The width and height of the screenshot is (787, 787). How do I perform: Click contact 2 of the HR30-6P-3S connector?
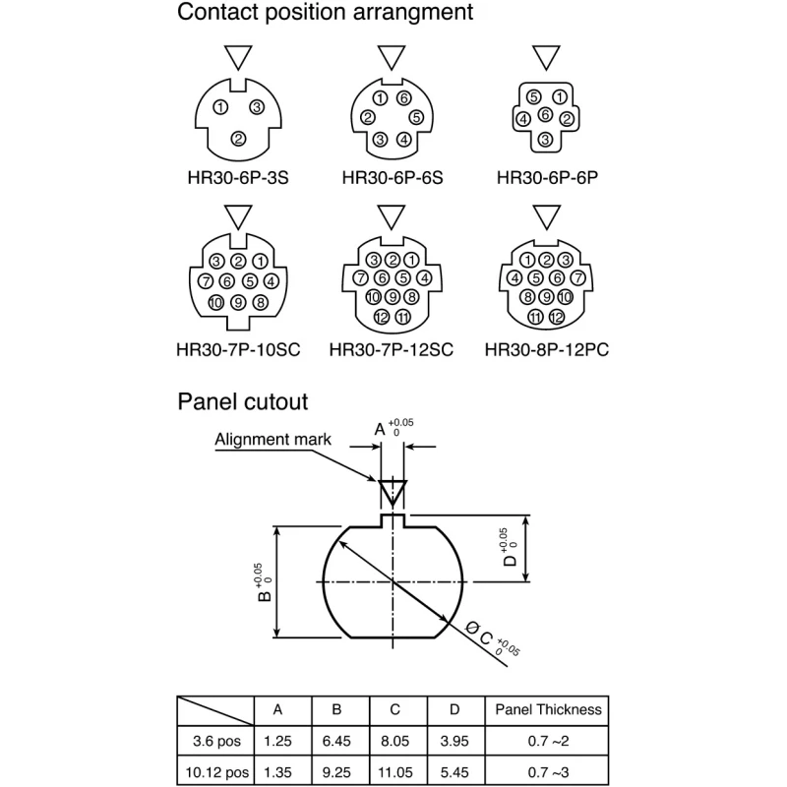[x=238, y=138]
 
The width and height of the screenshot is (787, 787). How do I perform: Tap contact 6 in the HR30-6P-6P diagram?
[x=546, y=115]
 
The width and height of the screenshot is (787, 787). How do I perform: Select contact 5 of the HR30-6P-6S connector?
[x=416, y=117]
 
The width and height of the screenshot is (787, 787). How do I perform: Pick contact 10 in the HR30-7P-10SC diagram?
[x=215, y=303]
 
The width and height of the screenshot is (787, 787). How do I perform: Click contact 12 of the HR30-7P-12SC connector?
[x=382, y=317]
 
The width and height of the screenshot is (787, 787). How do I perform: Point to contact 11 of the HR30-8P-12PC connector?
[x=535, y=317]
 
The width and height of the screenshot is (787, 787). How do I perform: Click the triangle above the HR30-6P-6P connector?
[x=546, y=57]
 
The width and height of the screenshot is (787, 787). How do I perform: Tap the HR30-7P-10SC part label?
[x=238, y=350]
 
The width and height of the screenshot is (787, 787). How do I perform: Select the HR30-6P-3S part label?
[x=238, y=178]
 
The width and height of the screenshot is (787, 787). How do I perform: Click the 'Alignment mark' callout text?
[x=273, y=440]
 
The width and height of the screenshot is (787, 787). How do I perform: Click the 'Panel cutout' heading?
[x=242, y=402]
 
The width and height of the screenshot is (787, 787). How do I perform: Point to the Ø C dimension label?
[x=479, y=633]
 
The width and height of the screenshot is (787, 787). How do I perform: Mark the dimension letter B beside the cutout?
[x=264, y=596]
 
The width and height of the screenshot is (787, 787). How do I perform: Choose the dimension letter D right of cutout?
[x=510, y=560]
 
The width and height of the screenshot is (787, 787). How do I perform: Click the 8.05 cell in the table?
[x=395, y=741]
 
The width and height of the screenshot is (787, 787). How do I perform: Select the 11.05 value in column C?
[x=395, y=772]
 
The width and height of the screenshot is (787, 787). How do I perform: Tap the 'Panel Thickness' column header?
[x=548, y=709]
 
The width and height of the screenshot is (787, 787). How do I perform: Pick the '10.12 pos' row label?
[x=216, y=772]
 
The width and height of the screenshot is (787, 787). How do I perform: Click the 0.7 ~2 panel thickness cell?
[x=548, y=741]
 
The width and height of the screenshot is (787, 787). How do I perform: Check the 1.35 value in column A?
[x=277, y=772]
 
